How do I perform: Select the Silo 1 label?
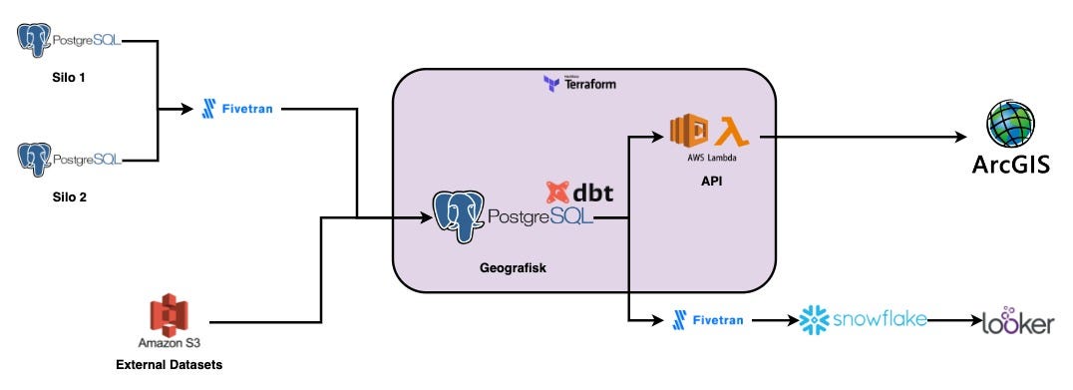(68, 77)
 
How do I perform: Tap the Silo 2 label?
(68, 197)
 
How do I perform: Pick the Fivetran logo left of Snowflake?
(712, 320)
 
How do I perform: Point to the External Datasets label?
(170, 365)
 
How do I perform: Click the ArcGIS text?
(1010, 165)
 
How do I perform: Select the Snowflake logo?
(863, 320)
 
